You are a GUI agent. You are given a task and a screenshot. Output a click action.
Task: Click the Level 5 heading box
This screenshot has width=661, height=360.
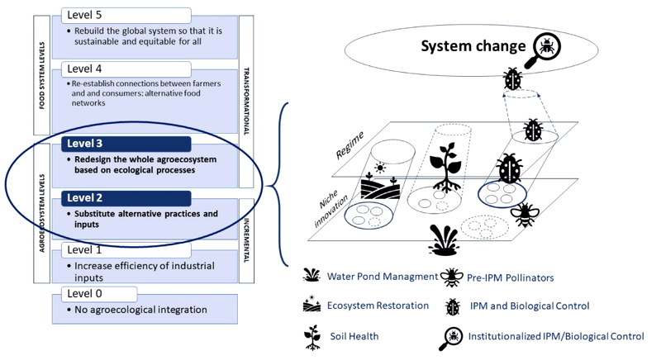pos(126,16)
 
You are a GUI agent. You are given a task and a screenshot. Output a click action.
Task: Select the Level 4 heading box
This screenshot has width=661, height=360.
pos(126,69)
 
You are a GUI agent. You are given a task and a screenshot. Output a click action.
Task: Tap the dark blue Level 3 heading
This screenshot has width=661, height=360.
pos(126,144)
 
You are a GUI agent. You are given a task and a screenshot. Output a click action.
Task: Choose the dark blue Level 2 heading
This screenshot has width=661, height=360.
pos(126,198)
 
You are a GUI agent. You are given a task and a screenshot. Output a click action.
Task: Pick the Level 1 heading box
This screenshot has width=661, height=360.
pos(126,249)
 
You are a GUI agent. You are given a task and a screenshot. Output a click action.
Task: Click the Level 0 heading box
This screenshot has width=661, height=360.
pos(126,295)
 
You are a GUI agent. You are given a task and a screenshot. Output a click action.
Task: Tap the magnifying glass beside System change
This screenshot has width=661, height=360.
pos(546,46)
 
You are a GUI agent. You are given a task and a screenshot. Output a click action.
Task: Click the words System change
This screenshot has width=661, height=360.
pos(473,47)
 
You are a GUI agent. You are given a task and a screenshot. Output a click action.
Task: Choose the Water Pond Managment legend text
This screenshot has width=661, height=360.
pos(382,277)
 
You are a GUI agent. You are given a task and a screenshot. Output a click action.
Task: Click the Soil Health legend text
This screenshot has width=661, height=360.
pos(354,336)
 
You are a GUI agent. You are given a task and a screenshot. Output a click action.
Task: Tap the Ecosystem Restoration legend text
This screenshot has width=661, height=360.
pos(378,306)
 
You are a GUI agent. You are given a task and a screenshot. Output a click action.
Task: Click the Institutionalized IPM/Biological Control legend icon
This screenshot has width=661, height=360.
pos(453,335)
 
